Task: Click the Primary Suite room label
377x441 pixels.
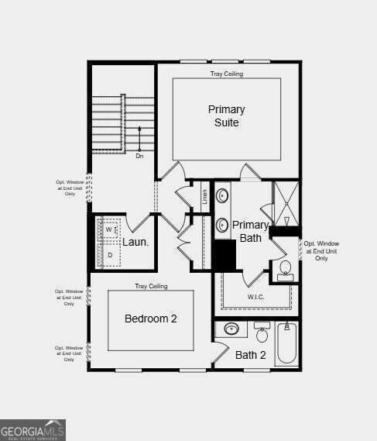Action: click(x=226, y=116)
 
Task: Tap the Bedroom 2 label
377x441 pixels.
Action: click(x=151, y=319)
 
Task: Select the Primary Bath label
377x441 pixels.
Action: click(x=251, y=232)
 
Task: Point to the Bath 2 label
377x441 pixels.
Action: click(x=251, y=356)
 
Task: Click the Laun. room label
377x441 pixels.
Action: click(x=135, y=242)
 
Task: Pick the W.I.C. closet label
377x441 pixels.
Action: click(x=256, y=297)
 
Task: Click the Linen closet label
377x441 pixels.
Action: click(x=205, y=197)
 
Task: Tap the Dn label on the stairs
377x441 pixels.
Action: click(x=139, y=156)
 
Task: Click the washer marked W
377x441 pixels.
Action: click(x=109, y=230)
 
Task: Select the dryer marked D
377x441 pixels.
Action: click(x=109, y=255)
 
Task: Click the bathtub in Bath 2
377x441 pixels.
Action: click(x=286, y=343)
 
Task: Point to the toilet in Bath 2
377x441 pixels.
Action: click(x=262, y=333)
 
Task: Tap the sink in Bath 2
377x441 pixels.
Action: click(x=231, y=329)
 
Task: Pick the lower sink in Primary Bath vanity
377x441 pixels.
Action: click(x=222, y=226)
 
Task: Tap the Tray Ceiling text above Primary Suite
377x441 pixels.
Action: click(x=227, y=74)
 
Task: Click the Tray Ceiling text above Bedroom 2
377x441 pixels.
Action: click(x=151, y=286)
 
